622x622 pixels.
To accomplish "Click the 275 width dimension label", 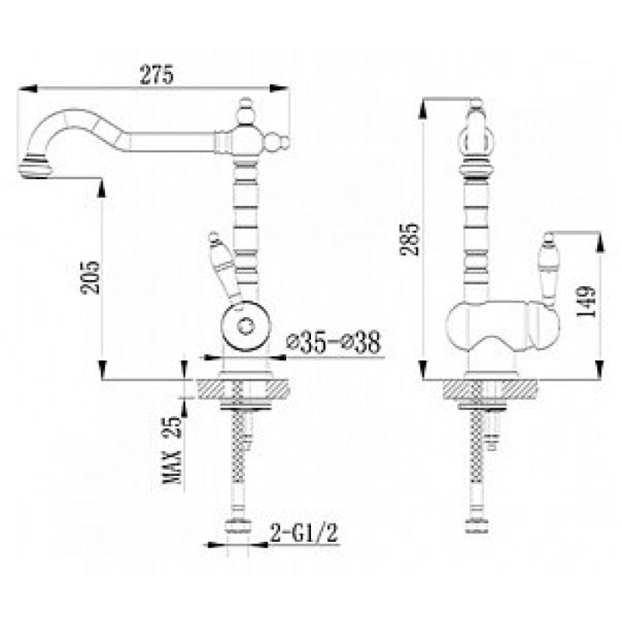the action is pyautogui.click(x=157, y=75).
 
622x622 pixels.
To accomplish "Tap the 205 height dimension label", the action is pyautogui.click(x=90, y=278).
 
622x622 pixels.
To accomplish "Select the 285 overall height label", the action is pyautogui.click(x=410, y=239).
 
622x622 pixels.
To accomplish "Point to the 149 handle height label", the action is pyautogui.click(x=586, y=301).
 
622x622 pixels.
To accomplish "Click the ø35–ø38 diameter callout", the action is pyautogui.click(x=334, y=342).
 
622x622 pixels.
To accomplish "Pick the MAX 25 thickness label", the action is pyautogui.click(x=173, y=450).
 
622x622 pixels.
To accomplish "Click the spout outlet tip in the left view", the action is pyautogui.click(x=35, y=168).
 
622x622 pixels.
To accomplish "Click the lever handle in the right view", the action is pyautogui.click(x=549, y=270).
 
